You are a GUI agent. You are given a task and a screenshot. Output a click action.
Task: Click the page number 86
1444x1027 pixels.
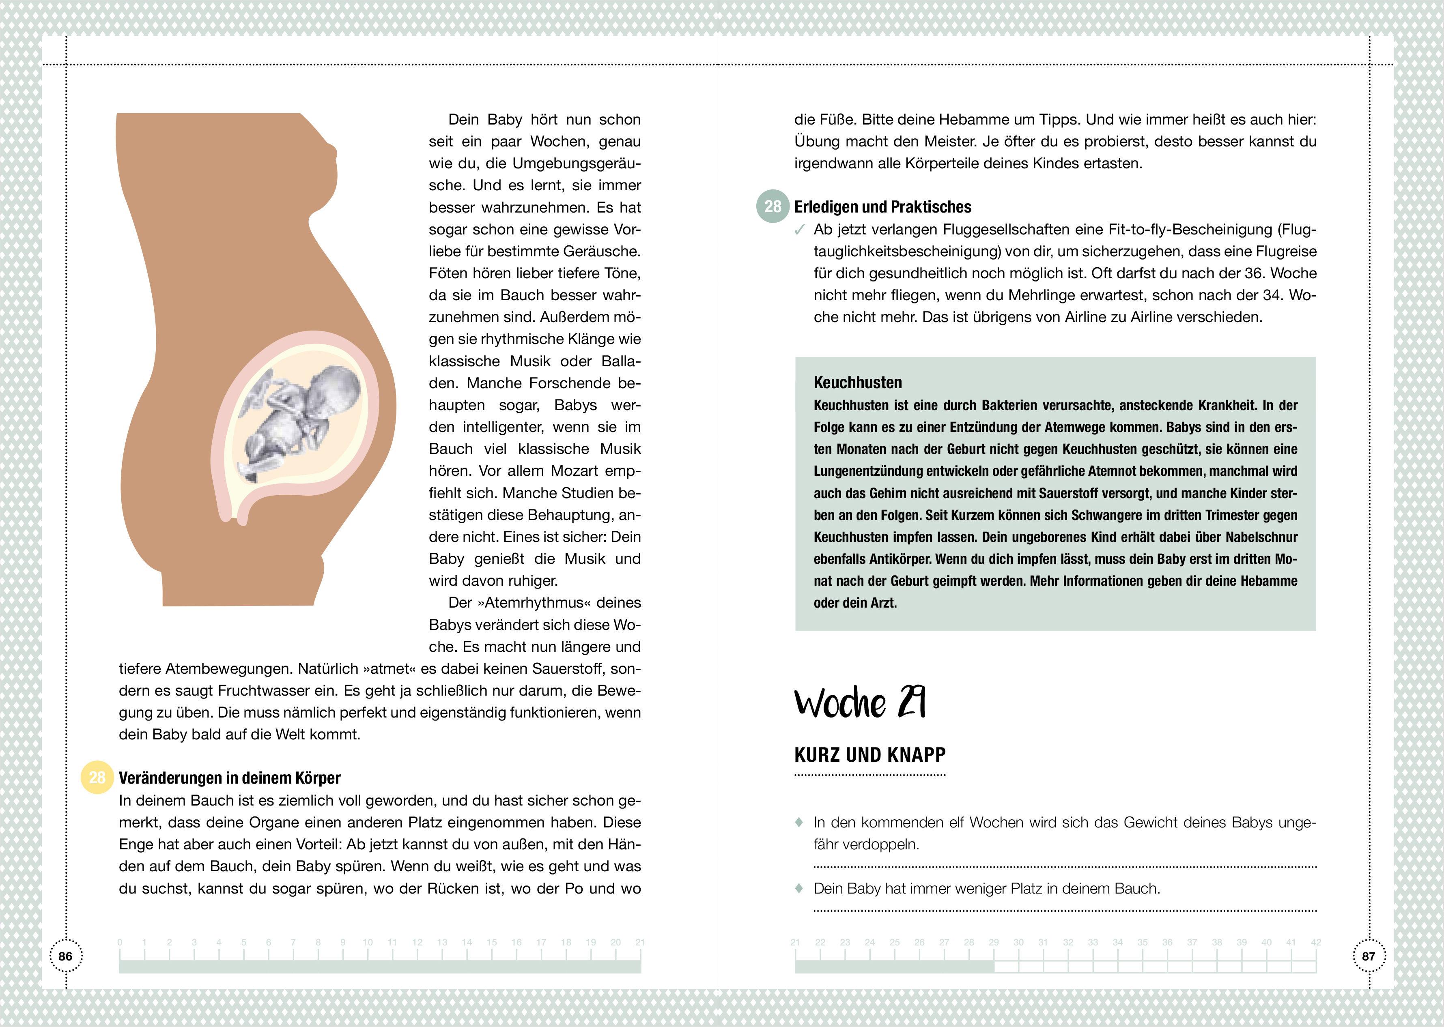(x=65, y=956)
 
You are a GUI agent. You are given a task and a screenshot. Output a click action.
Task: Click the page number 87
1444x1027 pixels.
(x=1368, y=956)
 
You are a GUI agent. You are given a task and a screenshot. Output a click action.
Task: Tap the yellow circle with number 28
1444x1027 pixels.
(x=97, y=777)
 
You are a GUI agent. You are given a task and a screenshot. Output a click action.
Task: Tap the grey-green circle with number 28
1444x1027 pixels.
(x=772, y=206)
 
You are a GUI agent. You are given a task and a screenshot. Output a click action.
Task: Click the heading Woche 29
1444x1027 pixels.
(x=860, y=703)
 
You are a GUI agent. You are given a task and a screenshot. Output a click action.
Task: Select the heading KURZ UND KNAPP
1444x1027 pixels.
(x=870, y=754)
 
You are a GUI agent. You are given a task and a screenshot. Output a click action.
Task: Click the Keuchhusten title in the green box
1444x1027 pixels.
(x=858, y=382)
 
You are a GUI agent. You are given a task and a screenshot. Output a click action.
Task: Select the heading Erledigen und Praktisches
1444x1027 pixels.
(x=882, y=207)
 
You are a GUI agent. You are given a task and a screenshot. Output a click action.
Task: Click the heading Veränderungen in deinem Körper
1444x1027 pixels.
(x=230, y=778)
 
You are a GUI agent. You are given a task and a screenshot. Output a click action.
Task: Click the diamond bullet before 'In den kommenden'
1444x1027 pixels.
(x=799, y=822)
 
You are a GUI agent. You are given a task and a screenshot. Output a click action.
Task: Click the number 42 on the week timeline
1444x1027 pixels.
(x=1316, y=942)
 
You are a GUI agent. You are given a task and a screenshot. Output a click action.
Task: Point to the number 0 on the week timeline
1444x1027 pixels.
(x=120, y=942)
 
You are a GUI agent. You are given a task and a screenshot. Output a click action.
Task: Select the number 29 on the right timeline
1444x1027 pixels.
(x=994, y=942)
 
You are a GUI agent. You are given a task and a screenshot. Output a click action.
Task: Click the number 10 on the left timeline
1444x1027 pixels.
(x=368, y=942)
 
